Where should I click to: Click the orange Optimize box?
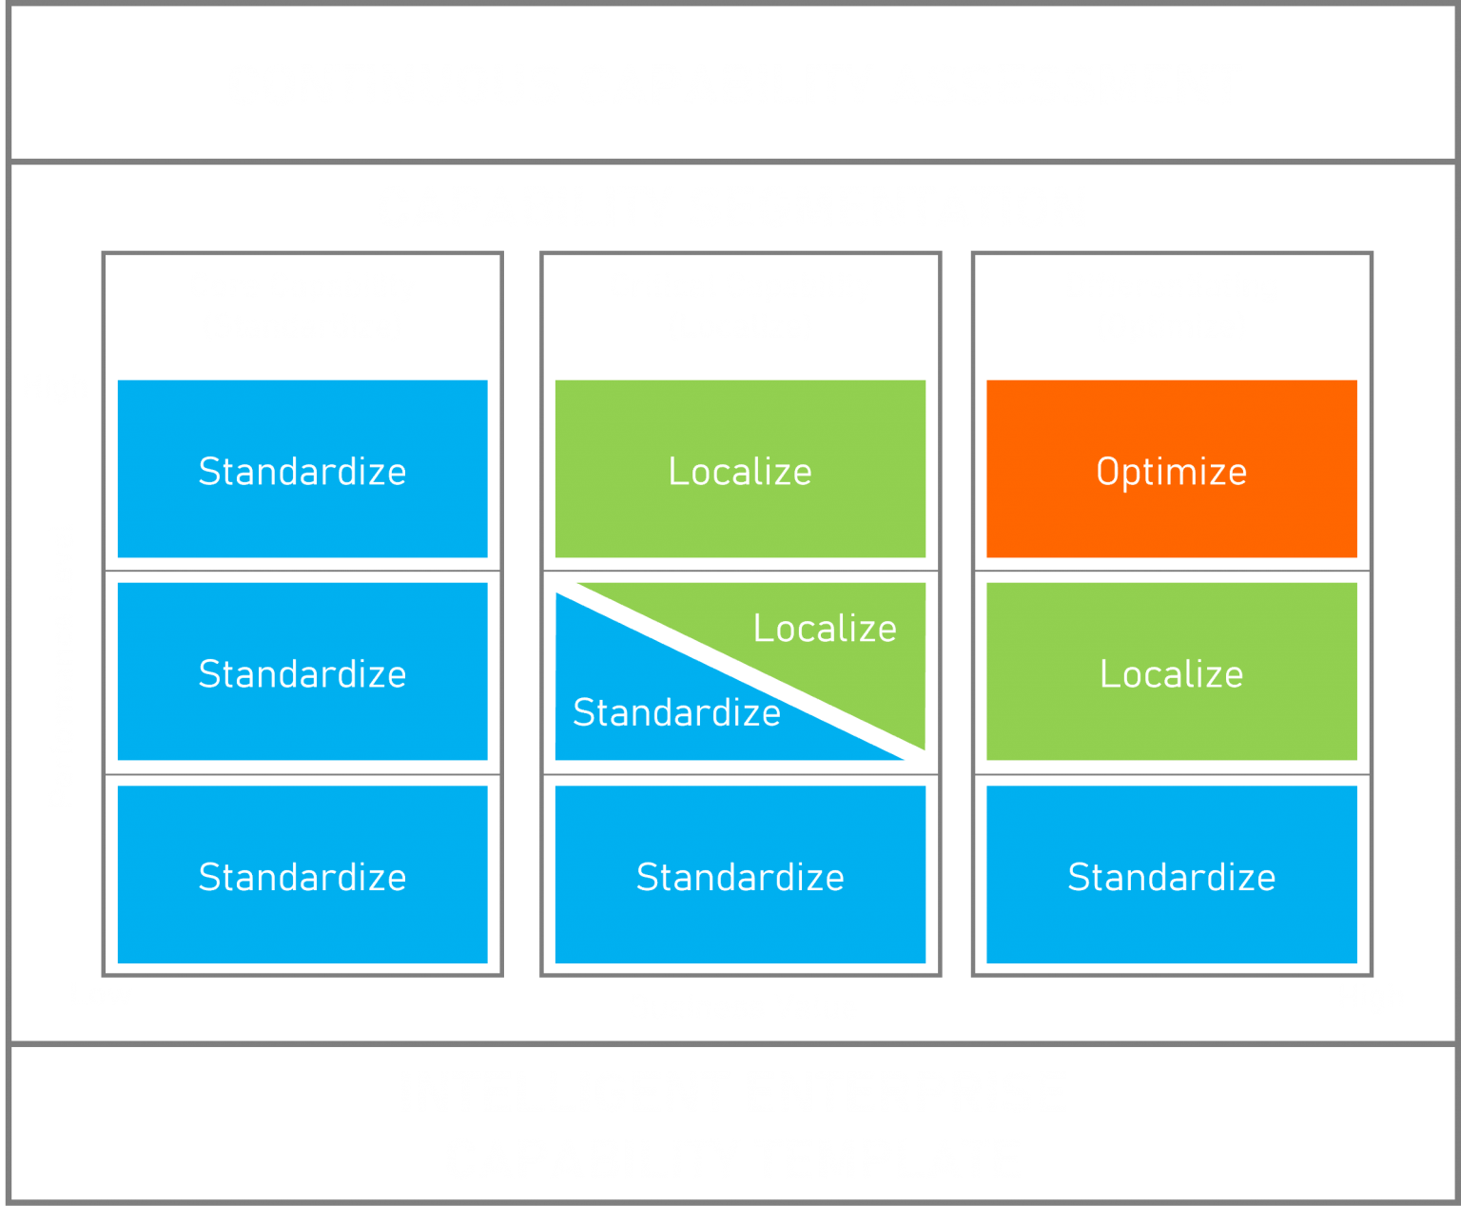1171,469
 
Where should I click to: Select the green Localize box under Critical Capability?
740,469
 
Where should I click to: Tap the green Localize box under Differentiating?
1171,671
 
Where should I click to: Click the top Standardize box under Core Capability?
302,469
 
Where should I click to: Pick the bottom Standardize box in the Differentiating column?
1171,875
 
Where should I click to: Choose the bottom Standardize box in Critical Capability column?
740,875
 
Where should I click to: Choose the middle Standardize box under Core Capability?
302,671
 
